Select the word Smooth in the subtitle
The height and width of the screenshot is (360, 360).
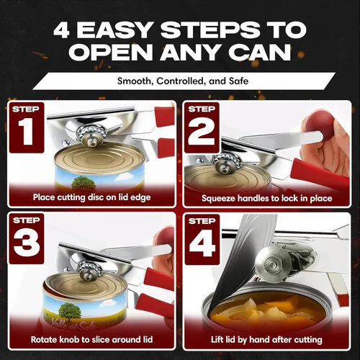[x=133, y=81]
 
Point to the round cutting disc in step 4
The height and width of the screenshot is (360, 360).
[x=274, y=264]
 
